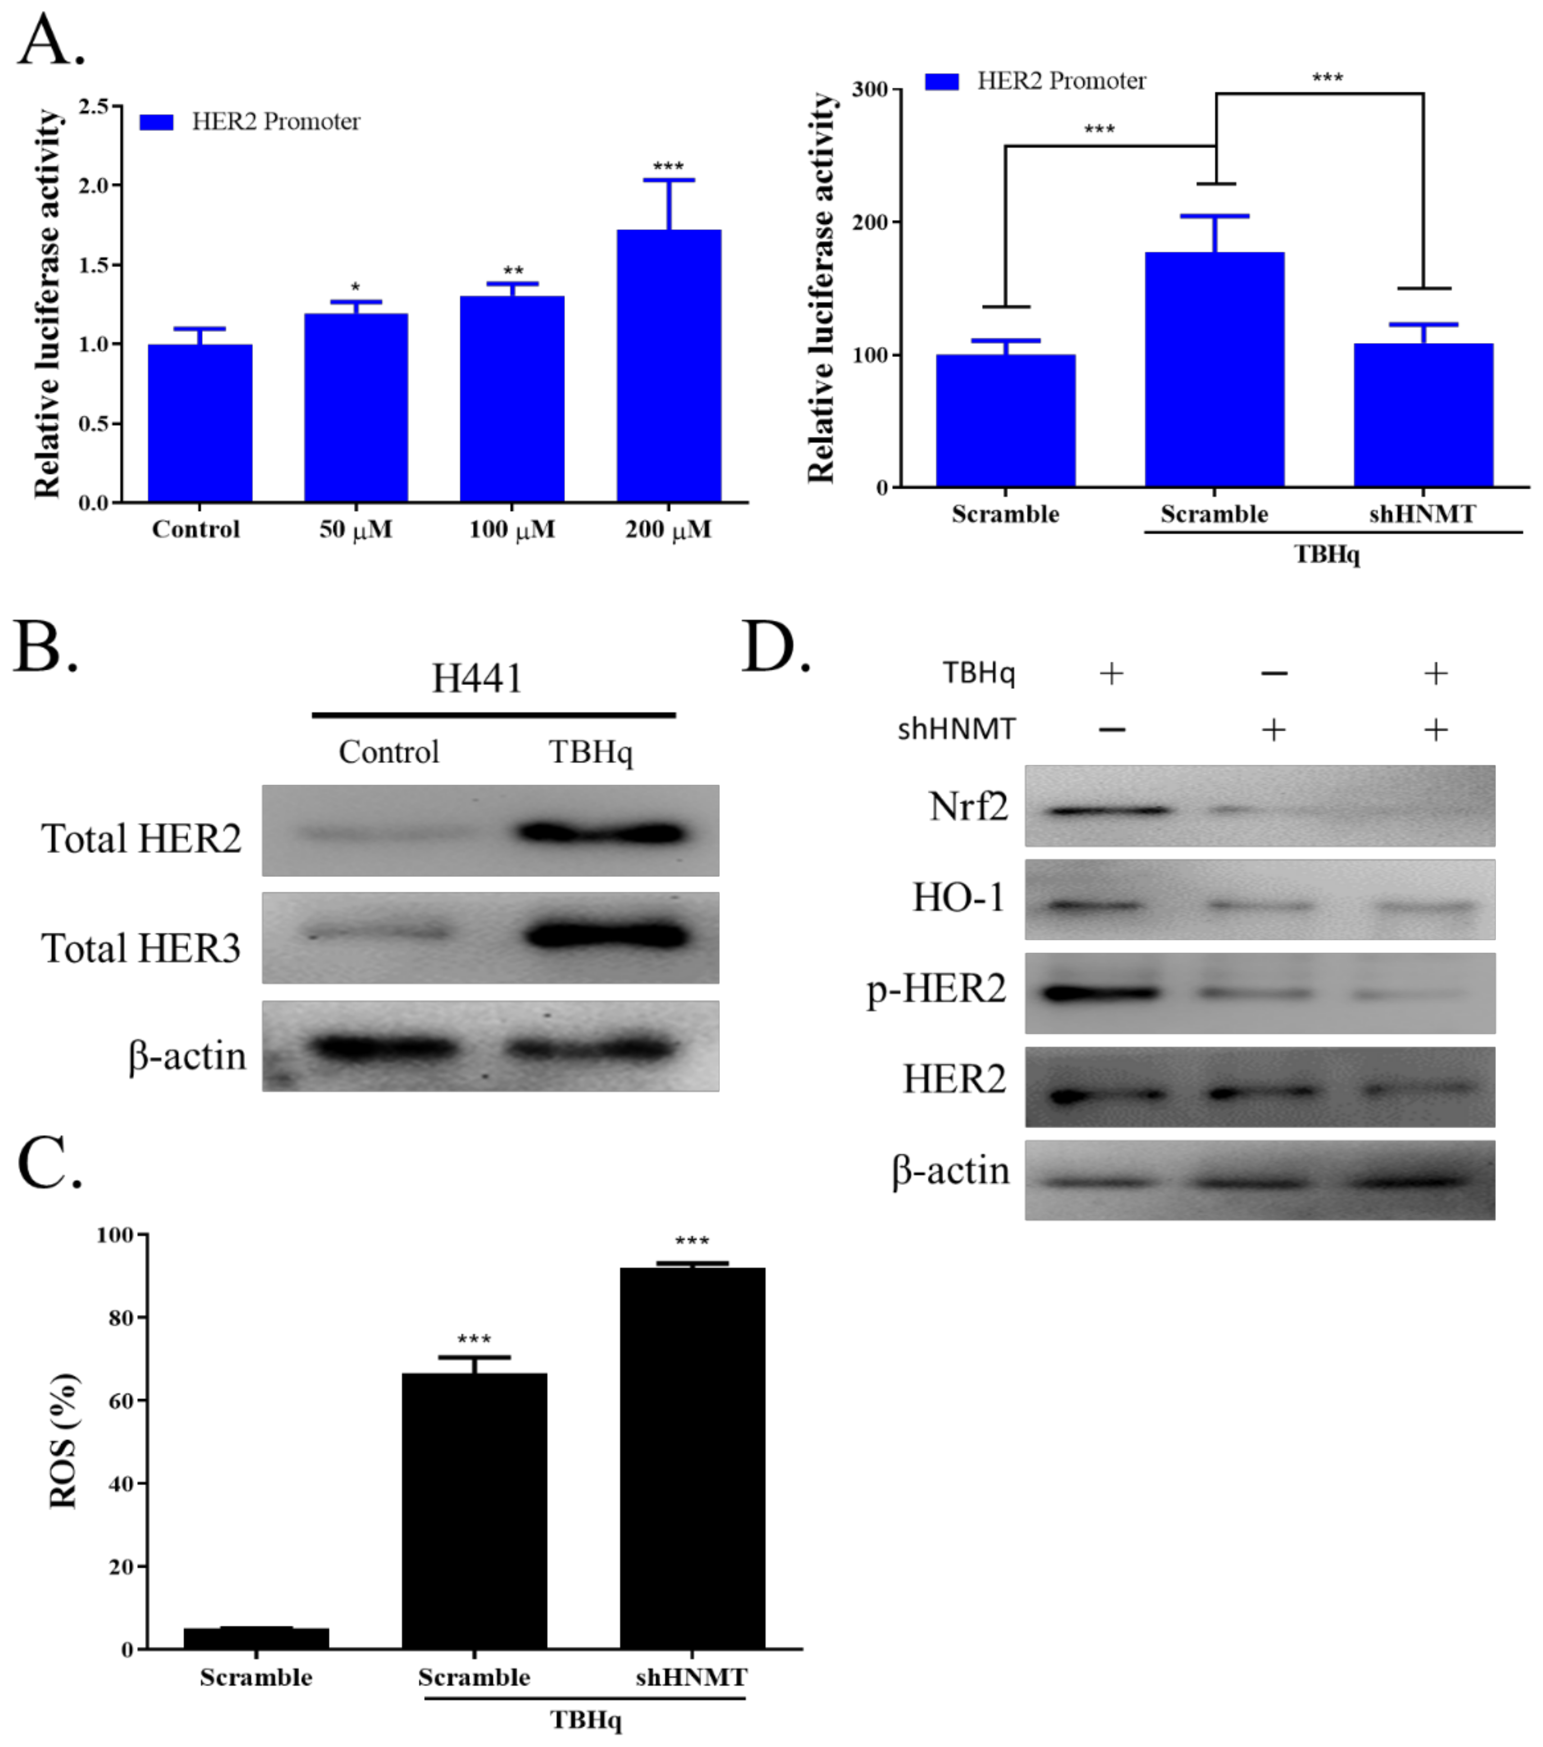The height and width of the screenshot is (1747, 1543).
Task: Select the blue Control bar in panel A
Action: (200, 423)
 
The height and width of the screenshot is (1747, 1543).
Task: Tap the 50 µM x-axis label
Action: (355, 530)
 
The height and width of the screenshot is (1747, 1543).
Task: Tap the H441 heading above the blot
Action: (477, 679)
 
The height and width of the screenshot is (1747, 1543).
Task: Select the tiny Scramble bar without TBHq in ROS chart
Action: (256, 1639)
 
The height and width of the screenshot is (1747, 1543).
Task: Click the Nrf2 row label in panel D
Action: (968, 806)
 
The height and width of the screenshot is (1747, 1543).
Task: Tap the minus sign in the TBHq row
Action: (1273, 673)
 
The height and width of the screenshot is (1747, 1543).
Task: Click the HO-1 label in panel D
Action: (958, 898)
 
